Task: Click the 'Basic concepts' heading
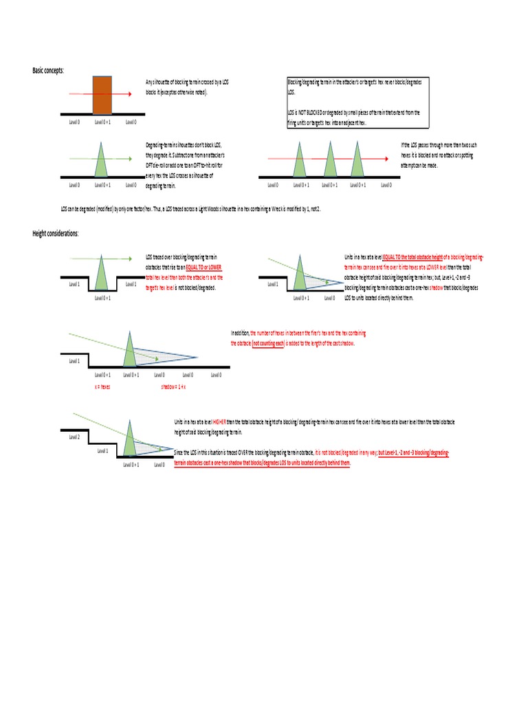[48, 70]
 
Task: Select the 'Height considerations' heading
[56, 234]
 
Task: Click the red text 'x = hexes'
[103, 388]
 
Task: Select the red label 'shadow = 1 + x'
[175, 388]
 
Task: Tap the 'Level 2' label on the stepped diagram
[75, 437]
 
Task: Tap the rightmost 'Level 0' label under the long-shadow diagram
[216, 375]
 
